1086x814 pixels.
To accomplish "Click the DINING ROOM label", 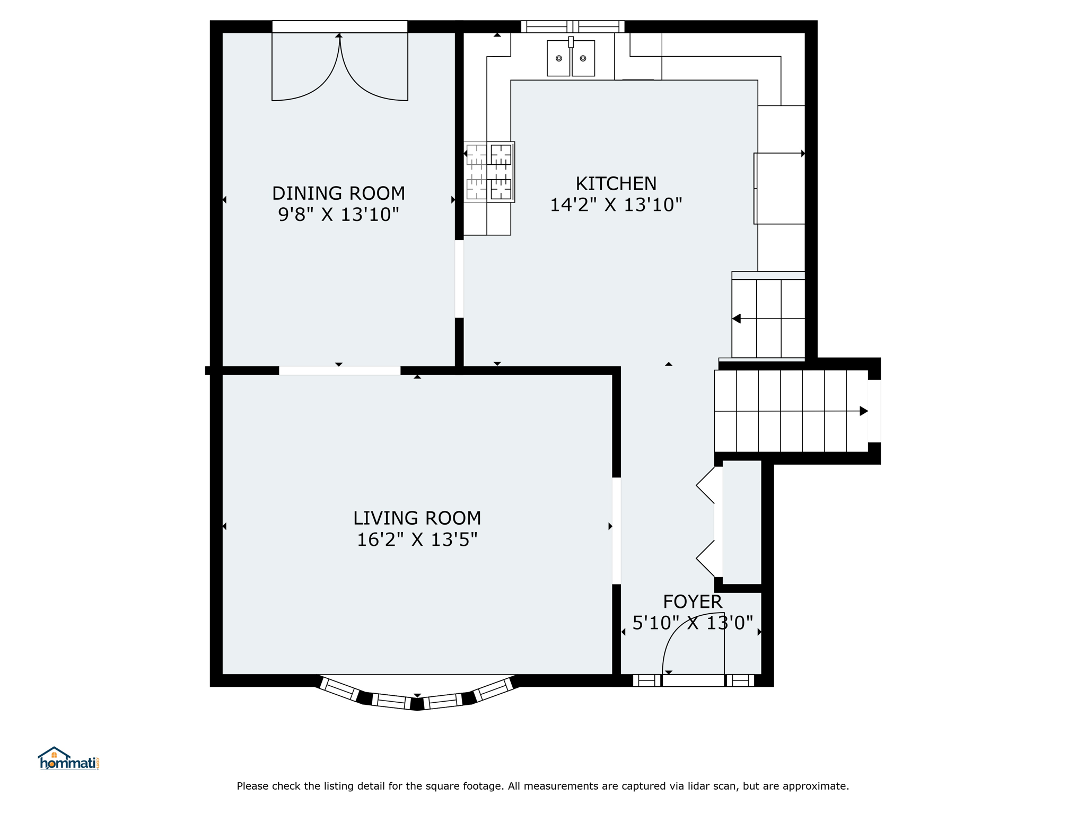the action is click(x=338, y=193).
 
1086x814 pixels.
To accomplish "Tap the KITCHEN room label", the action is click(x=616, y=183).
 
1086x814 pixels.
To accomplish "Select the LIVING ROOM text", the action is click(x=417, y=518).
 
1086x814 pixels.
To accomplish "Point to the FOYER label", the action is click(x=693, y=601).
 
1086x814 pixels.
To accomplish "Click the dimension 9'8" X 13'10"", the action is click(x=338, y=215).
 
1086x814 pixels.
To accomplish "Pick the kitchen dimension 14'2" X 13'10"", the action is click(x=616, y=205).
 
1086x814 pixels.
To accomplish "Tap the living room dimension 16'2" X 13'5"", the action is click(x=417, y=539).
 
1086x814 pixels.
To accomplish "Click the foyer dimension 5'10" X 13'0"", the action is click(x=693, y=623).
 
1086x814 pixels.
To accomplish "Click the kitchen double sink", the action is click(x=571, y=58).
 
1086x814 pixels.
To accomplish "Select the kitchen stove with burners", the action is click(x=489, y=172).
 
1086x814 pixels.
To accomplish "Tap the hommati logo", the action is click(x=68, y=759).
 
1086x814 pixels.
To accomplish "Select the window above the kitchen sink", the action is click(x=573, y=26).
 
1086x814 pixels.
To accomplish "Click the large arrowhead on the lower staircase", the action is click(x=864, y=411).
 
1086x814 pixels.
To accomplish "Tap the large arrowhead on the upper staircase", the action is click(x=736, y=318).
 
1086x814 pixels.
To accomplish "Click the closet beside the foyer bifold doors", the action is click(x=742, y=523).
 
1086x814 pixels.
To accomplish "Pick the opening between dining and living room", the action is click(x=340, y=370).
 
